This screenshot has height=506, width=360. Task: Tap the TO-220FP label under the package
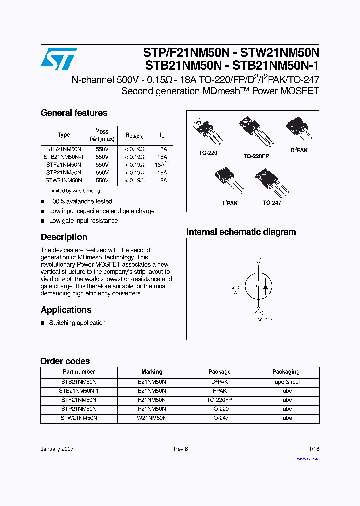click(256, 156)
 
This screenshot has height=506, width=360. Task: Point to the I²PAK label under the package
click(230, 203)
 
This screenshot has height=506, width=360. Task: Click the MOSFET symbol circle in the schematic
click(258, 287)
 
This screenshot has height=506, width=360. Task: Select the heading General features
click(74, 113)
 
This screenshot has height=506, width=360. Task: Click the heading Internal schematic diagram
click(241, 232)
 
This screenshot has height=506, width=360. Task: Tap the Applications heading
click(66, 310)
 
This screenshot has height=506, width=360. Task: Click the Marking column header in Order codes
click(152, 372)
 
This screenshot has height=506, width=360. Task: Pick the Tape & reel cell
click(286, 382)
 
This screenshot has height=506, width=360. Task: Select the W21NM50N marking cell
click(152, 418)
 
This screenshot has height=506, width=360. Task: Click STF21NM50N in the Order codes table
click(79, 400)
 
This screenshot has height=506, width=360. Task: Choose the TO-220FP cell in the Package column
click(219, 400)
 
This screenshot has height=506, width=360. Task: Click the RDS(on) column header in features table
click(134, 135)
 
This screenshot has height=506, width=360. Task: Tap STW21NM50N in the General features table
click(64, 180)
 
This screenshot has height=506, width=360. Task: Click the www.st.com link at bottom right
click(308, 458)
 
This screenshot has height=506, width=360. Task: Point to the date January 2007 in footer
click(57, 449)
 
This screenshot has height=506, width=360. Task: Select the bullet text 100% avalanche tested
click(80, 201)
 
